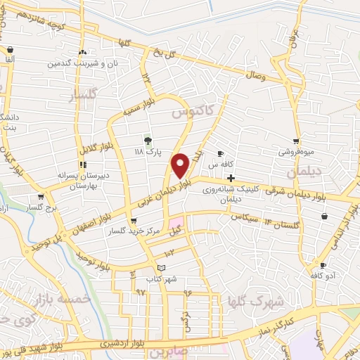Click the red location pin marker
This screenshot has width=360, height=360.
click(x=180, y=165)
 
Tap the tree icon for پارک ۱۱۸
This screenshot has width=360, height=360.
click(x=148, y=141)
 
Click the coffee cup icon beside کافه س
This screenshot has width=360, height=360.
click(x=220, y=154)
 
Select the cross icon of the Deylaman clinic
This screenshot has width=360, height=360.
click(x=231, y=179)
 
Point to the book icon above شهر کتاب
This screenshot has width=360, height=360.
click(x=162, y=268)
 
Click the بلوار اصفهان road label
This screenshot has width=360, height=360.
click(x=89, y=221)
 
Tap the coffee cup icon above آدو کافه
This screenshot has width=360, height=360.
click(x=323, y=266)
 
